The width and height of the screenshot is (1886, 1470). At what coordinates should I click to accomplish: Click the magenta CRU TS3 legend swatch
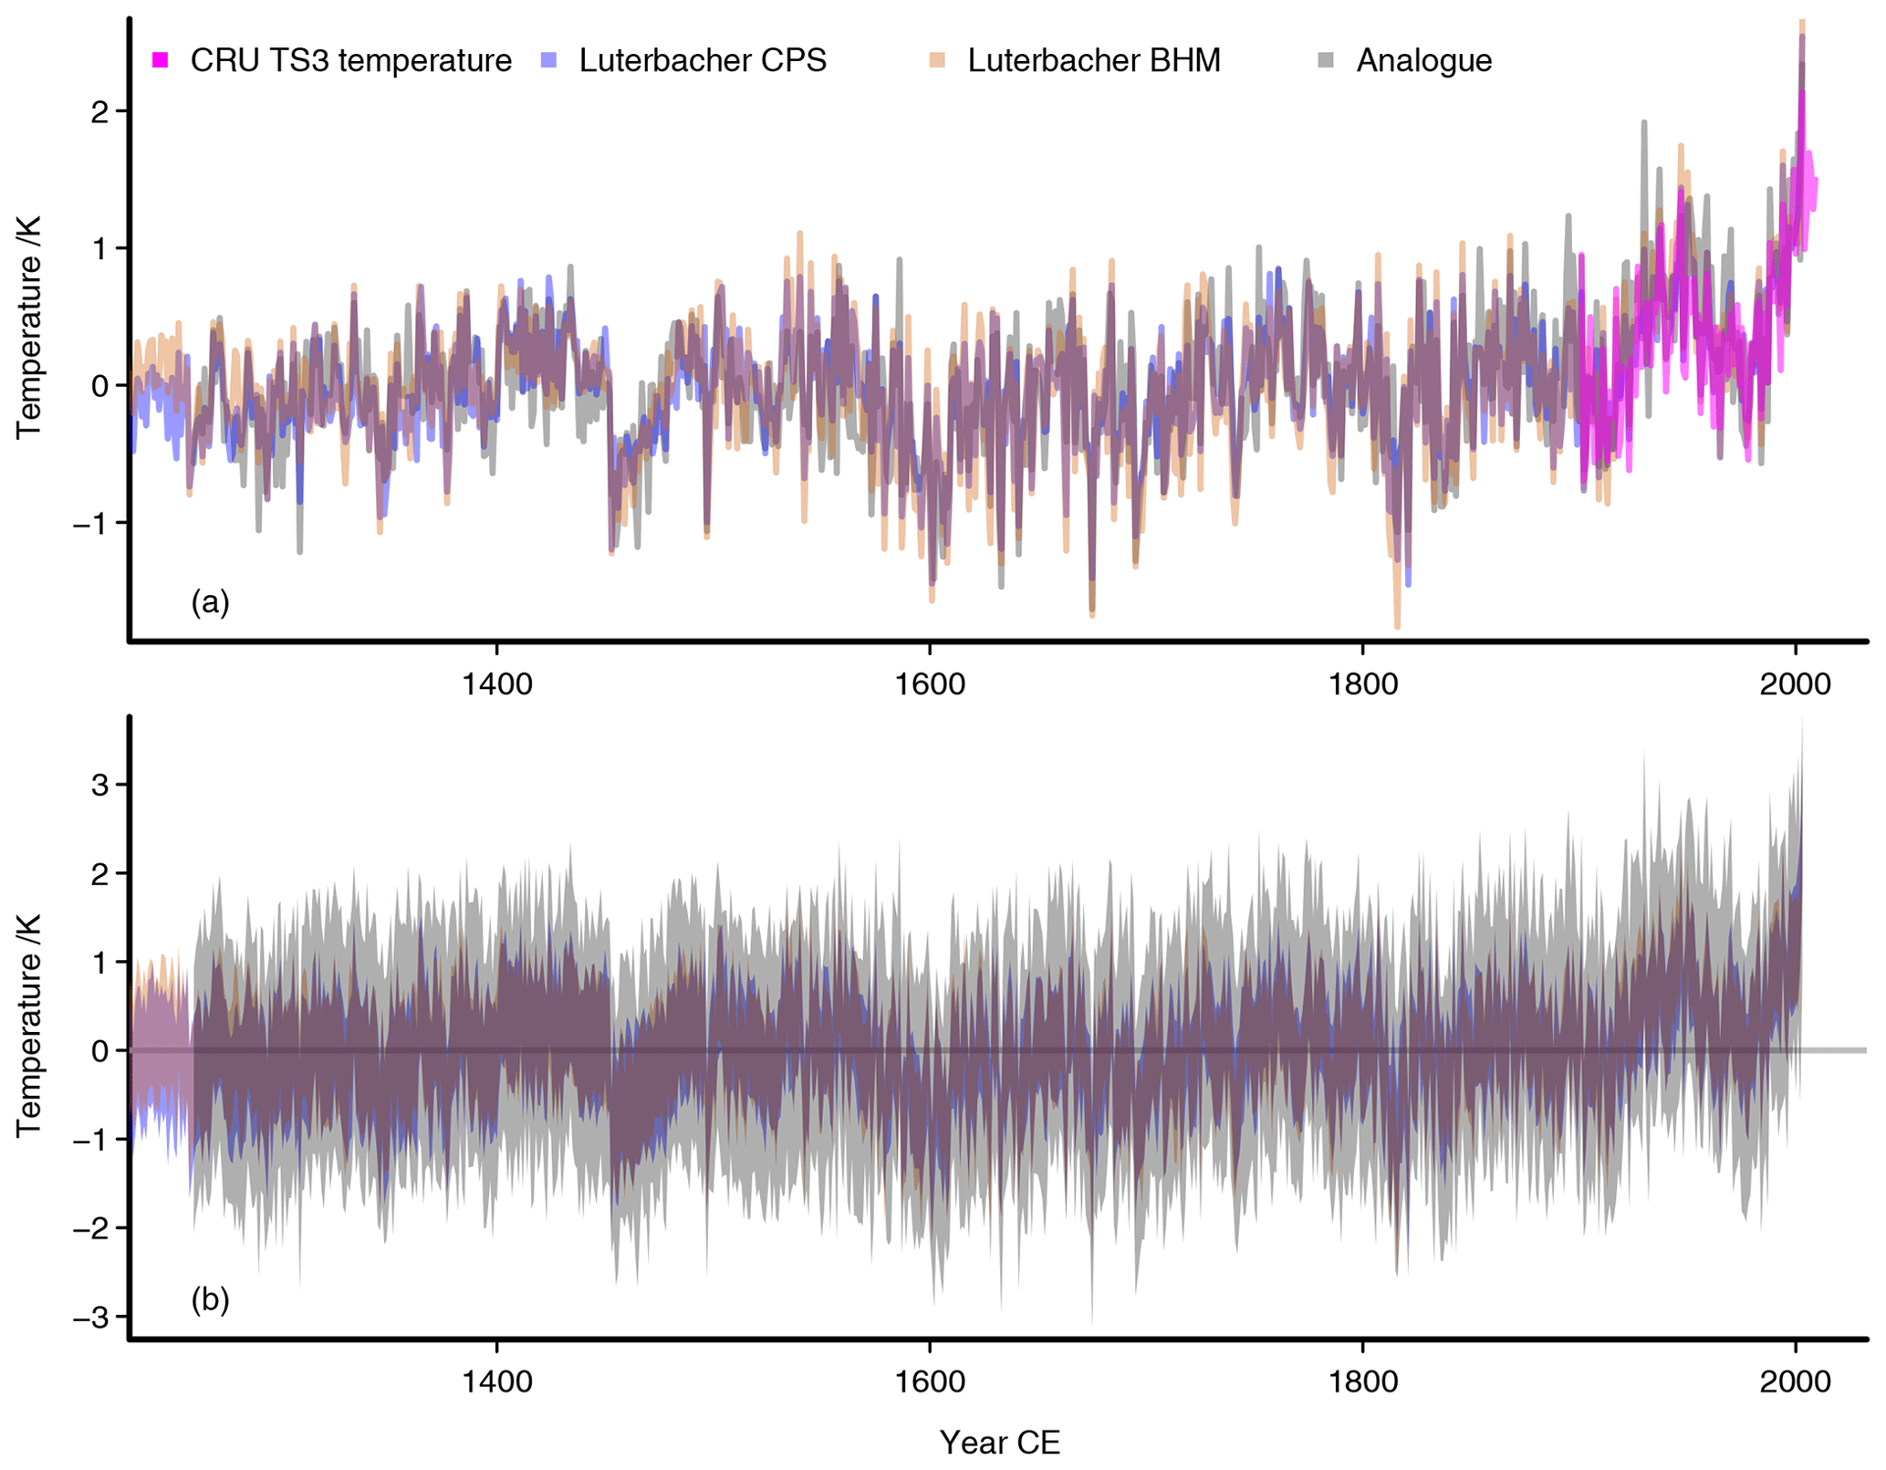160,60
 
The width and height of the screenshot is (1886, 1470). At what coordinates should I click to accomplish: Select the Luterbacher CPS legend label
702,60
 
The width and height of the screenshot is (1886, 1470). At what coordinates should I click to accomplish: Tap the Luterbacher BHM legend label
1093,60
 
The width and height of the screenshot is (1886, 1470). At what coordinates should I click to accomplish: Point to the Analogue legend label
1423,60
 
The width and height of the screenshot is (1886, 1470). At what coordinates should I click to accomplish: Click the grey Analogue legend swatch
1326,60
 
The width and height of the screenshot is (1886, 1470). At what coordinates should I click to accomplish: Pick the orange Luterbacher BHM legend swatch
937,60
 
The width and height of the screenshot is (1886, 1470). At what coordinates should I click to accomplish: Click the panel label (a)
210,601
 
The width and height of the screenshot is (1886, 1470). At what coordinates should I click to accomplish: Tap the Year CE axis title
999,1443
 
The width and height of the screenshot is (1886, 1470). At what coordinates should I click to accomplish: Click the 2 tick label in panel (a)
99,111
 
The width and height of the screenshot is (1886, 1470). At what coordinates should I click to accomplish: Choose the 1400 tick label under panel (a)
496,684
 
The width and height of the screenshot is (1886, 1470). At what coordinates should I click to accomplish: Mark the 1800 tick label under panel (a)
1362,684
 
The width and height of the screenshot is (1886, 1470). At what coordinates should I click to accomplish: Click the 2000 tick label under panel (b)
1796,1381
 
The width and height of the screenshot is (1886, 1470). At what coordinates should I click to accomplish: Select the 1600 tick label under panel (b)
930,1381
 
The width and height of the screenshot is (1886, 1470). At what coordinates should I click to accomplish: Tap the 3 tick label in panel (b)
99,785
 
